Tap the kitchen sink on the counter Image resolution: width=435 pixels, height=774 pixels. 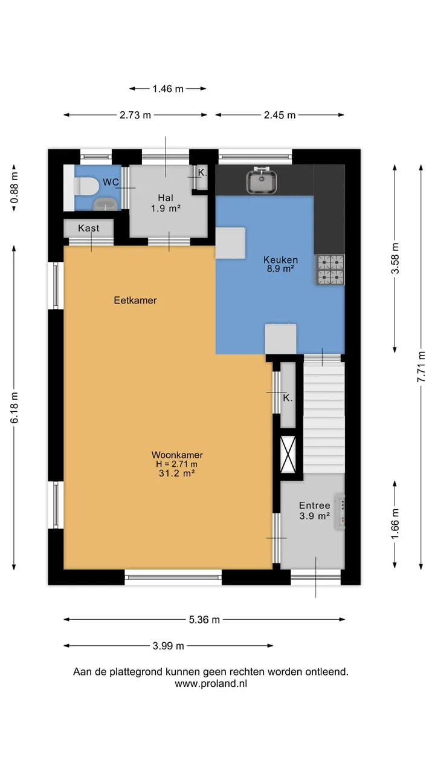(x=262, y=180)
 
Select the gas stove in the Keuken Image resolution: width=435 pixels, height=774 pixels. (x=330, y=270)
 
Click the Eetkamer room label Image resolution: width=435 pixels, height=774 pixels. (x=135, y=301)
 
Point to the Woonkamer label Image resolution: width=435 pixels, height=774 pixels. (x=177, y=455)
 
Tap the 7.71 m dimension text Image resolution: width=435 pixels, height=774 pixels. (x=421, y=366)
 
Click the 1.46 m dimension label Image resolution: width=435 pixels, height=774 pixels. (x=168, y=89)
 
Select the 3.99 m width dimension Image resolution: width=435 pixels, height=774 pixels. (x=168, y=646)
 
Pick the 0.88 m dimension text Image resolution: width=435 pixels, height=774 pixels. (x=14, y=187)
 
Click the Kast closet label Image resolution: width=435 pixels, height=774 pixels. (x=89, y=228)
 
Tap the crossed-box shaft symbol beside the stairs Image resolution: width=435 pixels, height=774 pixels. (x=288, y=454)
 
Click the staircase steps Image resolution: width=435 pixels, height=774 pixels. (x=324, y=417)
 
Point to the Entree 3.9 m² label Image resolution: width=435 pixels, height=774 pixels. (x=315, y=511)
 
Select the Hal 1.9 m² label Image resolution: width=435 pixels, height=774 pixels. (x=166, y=203)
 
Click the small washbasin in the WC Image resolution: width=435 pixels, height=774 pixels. (x=106, y=204)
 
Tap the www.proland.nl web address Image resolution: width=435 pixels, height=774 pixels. (x=211, y=683)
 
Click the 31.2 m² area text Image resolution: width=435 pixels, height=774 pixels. (x=177, y=473)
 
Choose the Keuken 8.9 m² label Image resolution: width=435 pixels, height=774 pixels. (x=280, y=264)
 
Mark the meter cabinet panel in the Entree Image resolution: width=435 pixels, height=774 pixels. (x=340, y=512)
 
